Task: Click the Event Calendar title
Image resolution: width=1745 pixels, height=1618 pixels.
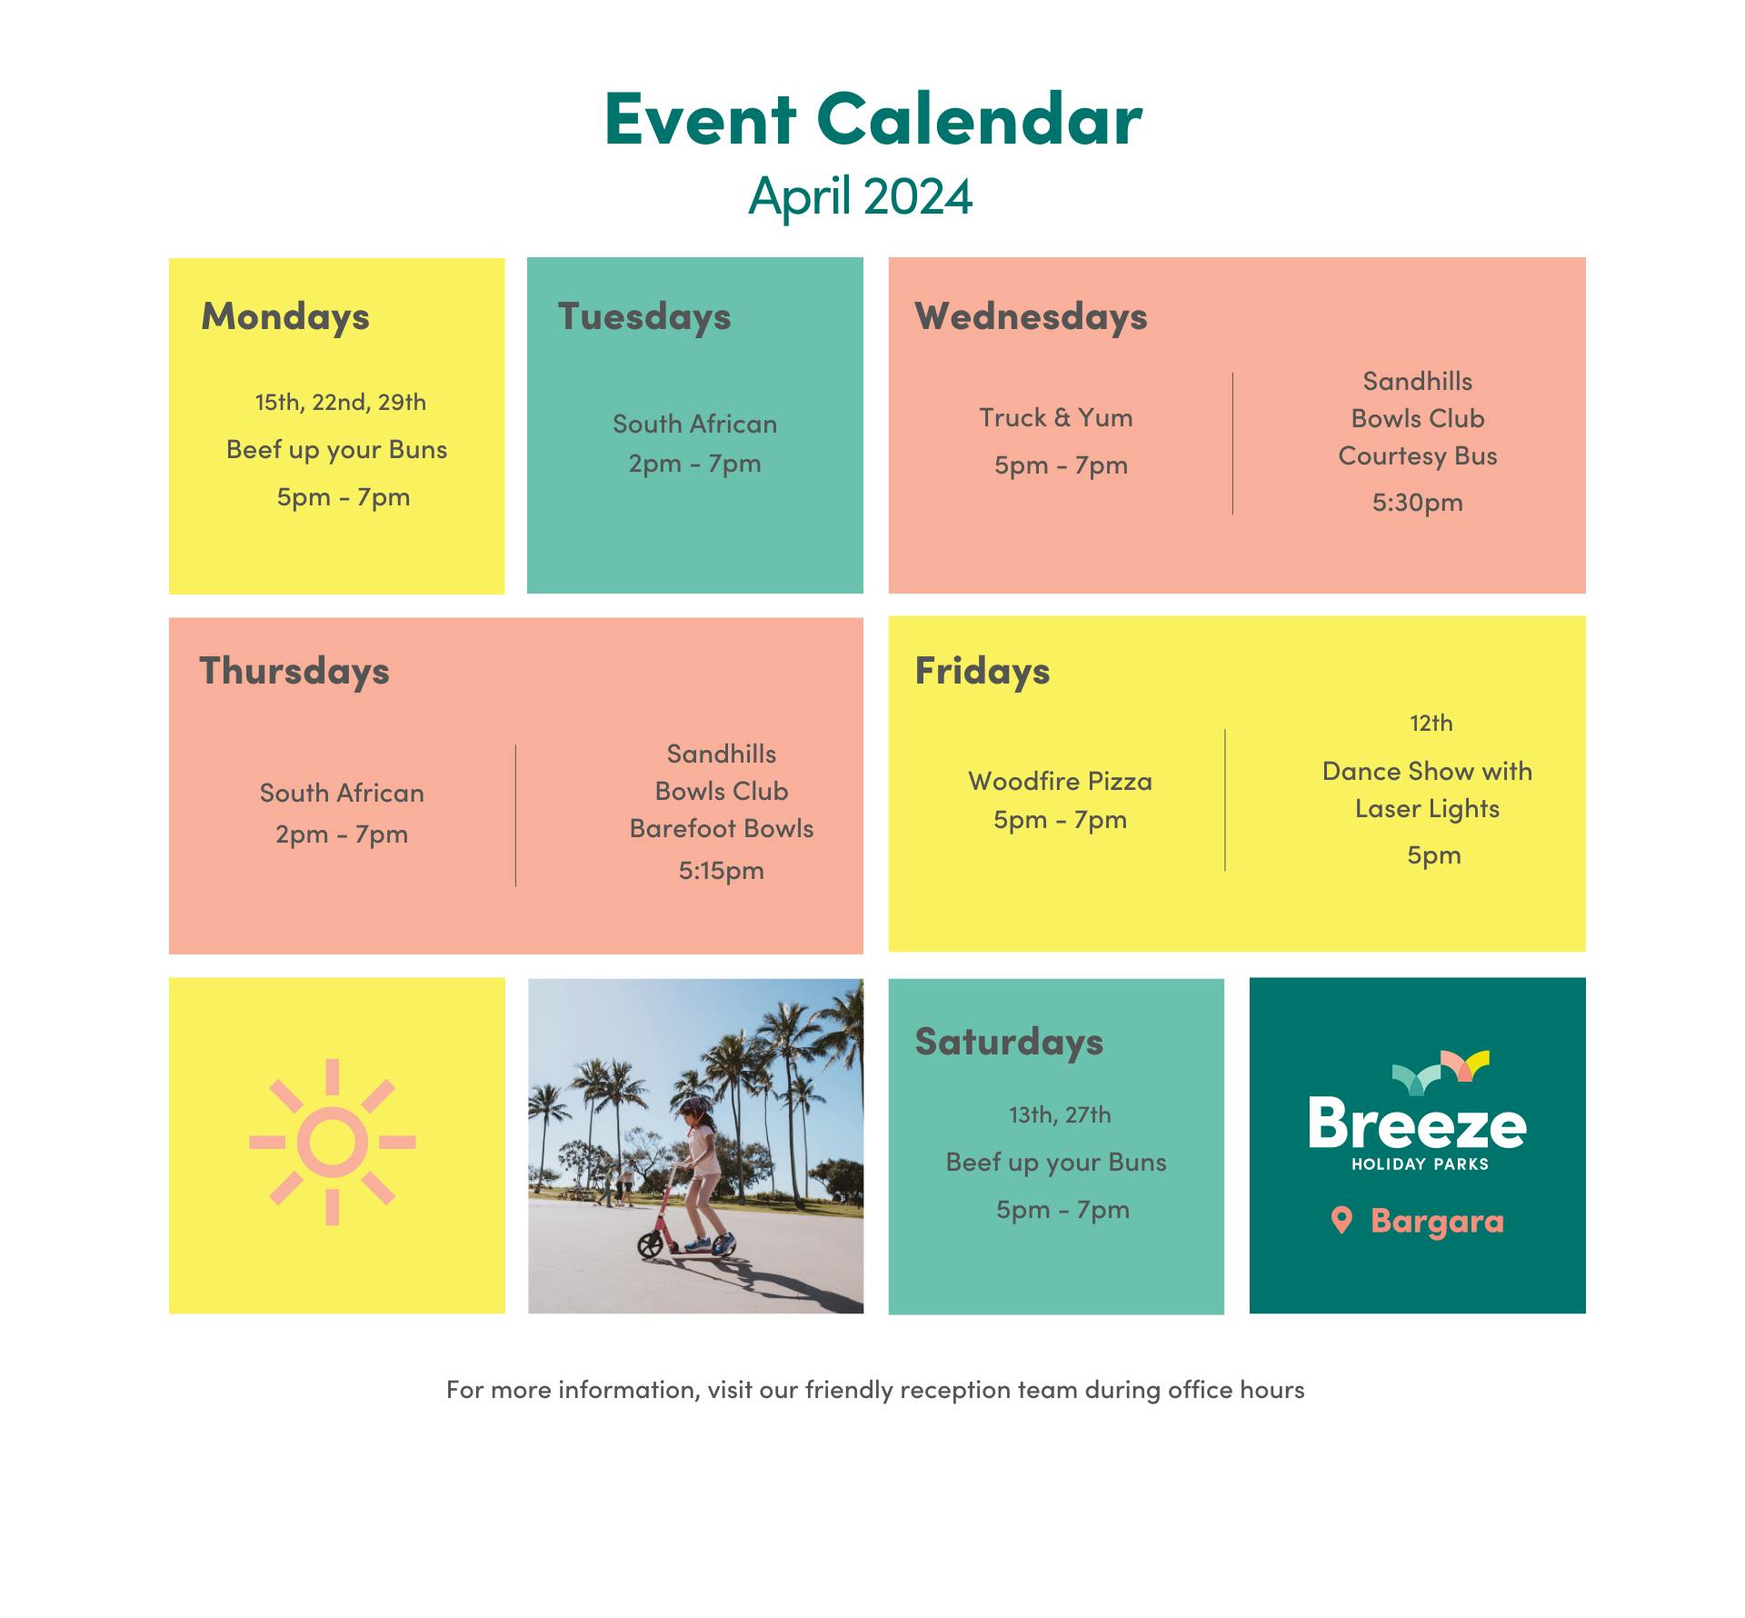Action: [x=872, y=119]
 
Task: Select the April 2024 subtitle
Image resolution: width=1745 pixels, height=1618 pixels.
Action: [x=861, y=196]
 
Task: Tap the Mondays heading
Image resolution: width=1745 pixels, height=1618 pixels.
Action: [x=285, y=317]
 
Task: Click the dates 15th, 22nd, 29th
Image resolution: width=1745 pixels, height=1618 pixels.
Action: [x=341, y=402]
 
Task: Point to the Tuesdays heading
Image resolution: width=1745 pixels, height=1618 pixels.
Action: [x=644, y=317]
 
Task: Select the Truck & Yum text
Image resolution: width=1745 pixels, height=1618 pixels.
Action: [x=1056, y=417]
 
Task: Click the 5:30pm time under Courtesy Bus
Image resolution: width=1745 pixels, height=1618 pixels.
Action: [x=1418, y=502]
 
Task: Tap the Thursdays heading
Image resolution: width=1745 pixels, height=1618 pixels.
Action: [x=294, y=671]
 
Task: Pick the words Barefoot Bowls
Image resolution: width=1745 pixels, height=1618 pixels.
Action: [x=722, y=828]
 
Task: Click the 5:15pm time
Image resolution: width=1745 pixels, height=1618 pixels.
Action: [x=722, y=871]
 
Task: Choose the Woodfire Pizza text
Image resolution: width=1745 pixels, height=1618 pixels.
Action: [x=1060, y=781]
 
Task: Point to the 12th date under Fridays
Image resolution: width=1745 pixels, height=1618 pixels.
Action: [x=1431, y=724]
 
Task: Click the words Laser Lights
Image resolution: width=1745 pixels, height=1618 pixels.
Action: [x=1427, y=809]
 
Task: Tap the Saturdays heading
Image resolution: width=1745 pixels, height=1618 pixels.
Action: [x=1009, y=1043]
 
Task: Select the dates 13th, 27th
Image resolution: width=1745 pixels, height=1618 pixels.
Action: [x=1060, y=1114]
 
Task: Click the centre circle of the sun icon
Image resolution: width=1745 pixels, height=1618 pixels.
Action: [x=333, y=1143]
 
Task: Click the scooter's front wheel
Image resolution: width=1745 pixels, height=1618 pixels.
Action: [x=651, y=1244]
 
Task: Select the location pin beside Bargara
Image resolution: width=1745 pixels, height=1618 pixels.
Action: [x=1341, y=1220]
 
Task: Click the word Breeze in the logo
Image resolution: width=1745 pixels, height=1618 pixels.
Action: [x=1418, y=1124]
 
